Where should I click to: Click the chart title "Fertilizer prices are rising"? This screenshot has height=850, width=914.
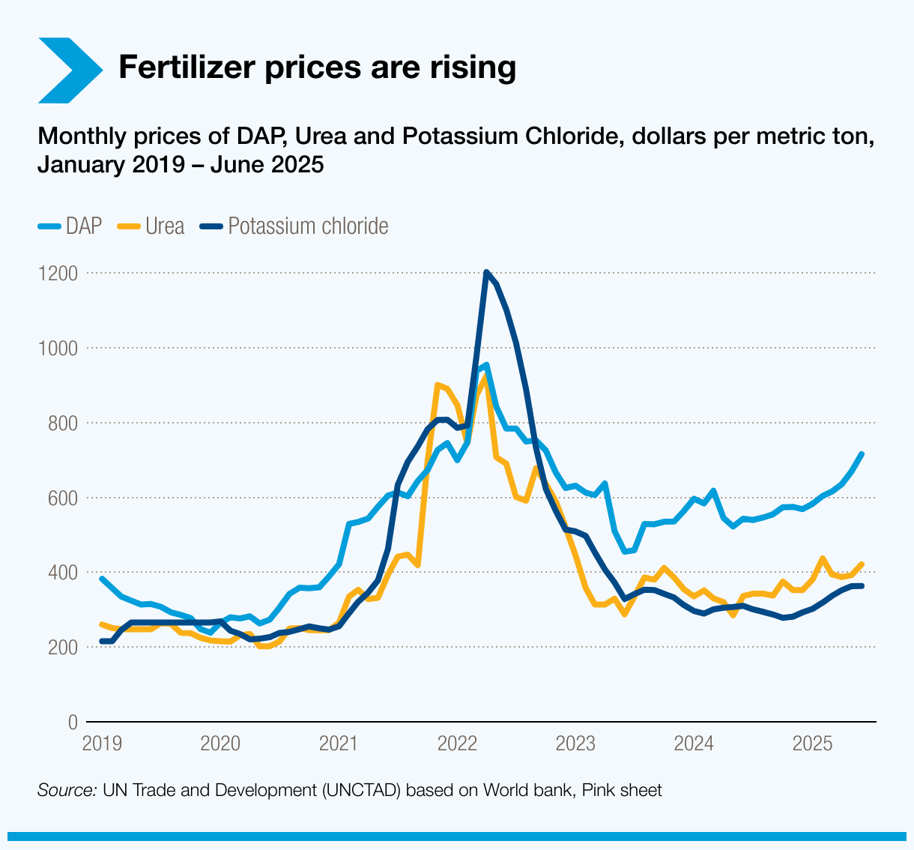(317, 67)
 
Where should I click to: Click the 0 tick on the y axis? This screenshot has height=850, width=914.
(73, 722)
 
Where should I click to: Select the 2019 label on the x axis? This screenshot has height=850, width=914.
(102, 744)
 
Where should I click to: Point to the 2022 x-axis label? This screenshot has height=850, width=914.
(458, 744)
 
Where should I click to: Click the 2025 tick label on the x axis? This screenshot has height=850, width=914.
(813, 744)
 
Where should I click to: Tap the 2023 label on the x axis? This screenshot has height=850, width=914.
(576, 744)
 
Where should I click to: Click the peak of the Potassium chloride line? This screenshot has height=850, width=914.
(486, 272)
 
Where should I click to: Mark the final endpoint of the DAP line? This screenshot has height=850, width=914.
(862, 454)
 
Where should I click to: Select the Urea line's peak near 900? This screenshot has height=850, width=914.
(438, 385)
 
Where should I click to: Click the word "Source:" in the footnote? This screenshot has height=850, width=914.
(67, 790)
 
